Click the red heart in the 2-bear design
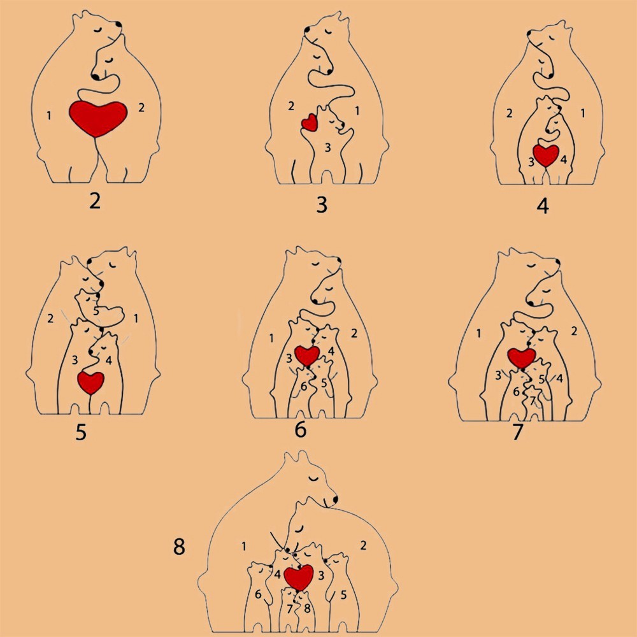point(98,118)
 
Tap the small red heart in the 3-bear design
point(310,122)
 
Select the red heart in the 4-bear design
point(546,155)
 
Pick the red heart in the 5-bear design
point(91,382)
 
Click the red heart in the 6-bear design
point(307,355)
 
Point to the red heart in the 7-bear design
point(522,358)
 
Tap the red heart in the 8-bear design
point(299,577)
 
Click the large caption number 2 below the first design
point(95,201)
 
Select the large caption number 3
point(322,204)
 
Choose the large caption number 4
point(543,206)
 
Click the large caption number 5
point(81,432)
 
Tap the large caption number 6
point(300,429)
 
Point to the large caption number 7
point(517,432)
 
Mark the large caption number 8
point(179,547)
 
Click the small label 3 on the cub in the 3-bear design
point(327,148)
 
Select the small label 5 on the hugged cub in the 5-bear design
point(96,311)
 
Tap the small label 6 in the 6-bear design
point(303,387)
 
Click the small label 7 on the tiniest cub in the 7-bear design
point(532,401)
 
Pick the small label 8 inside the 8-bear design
point(307,608)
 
